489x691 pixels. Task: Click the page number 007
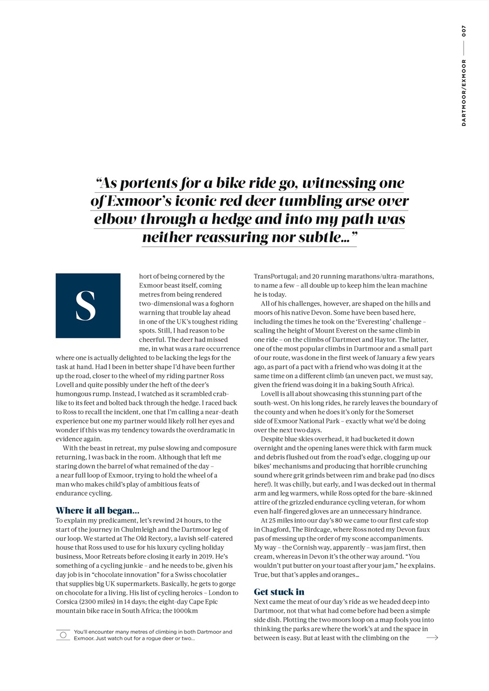464,31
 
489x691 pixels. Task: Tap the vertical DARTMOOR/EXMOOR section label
464,92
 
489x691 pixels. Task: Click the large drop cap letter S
87,306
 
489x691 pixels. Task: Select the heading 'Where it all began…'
97,510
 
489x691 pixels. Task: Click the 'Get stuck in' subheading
279,591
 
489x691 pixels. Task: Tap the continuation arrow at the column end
432,638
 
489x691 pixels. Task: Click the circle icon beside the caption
63,635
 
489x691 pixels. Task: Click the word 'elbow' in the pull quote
116,220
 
